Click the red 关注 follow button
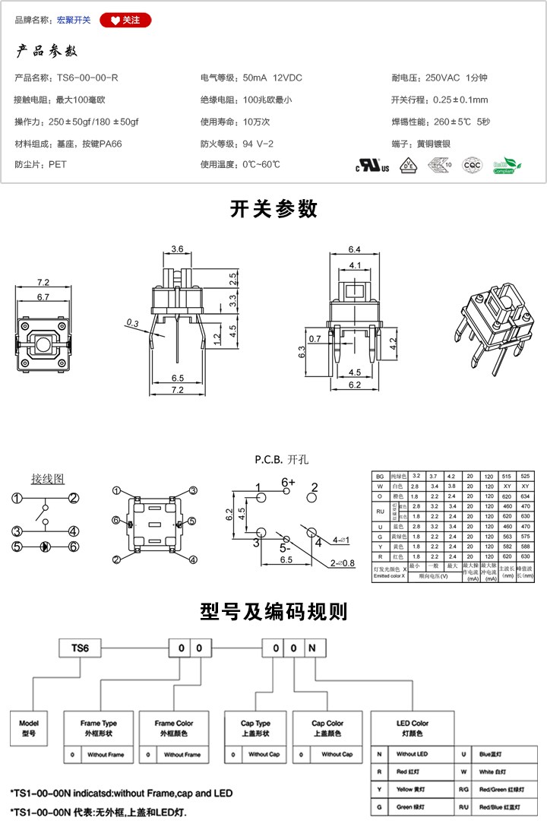pyautogui.click(x=125, y=20)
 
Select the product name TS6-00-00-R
pyautogui.click(x=87, y=78)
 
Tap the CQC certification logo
pyautogui.click(x=472, y=165)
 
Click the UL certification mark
pyautogui.click(x=373, y=166)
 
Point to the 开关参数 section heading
pyautogui.click(x=273, y=209)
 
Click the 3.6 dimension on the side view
pyautogui.click(x=177, y=249)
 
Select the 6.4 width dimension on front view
pyautogui.click(x=354, y=249)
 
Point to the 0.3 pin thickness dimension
pyautogui.click(x=132, y=323)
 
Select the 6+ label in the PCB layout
pyautogui.click(x=288, y=483)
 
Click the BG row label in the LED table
pyautogui.click(x=380, y=475)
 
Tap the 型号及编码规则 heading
pyautogui.click(x=273, y=612)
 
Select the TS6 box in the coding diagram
pyautogui.click(x=80, y=648)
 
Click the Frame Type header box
pyautogui.click(x=99, y=727)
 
